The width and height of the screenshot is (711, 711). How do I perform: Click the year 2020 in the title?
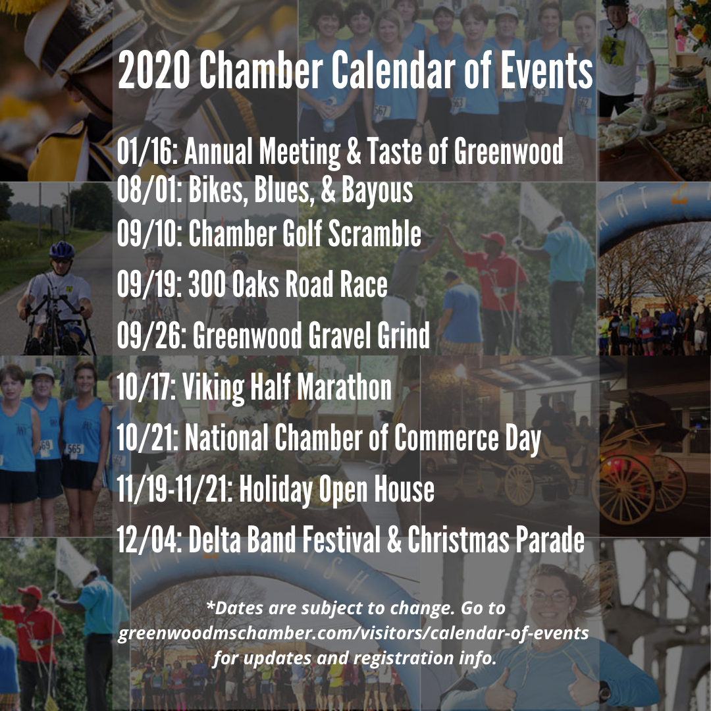click(x=154, y=70)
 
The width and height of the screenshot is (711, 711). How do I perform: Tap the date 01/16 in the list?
click(x=145, y=151)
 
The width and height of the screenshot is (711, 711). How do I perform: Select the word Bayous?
click(x=377, y=190)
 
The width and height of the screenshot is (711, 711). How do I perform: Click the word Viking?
click(x=213, y=388)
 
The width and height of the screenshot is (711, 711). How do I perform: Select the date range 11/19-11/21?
click(x=174, y=488)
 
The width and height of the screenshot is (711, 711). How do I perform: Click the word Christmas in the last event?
click(x=458, y=539)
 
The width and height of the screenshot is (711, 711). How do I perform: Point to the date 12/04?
click(x=148, y=539)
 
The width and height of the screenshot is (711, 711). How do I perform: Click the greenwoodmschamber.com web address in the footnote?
click(x=354, y=633)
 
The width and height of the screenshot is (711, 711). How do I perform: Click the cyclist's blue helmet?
click(x=62, y=250)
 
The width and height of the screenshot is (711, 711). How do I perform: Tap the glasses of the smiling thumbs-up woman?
click(x=549, y=596)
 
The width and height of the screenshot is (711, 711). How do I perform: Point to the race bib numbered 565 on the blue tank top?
click(x=74, y=450)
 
